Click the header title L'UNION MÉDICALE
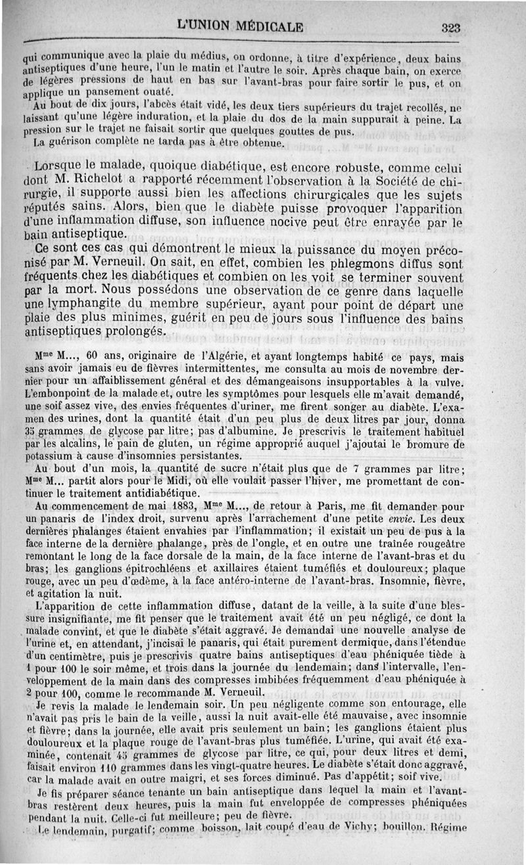(x=240, y=27)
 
